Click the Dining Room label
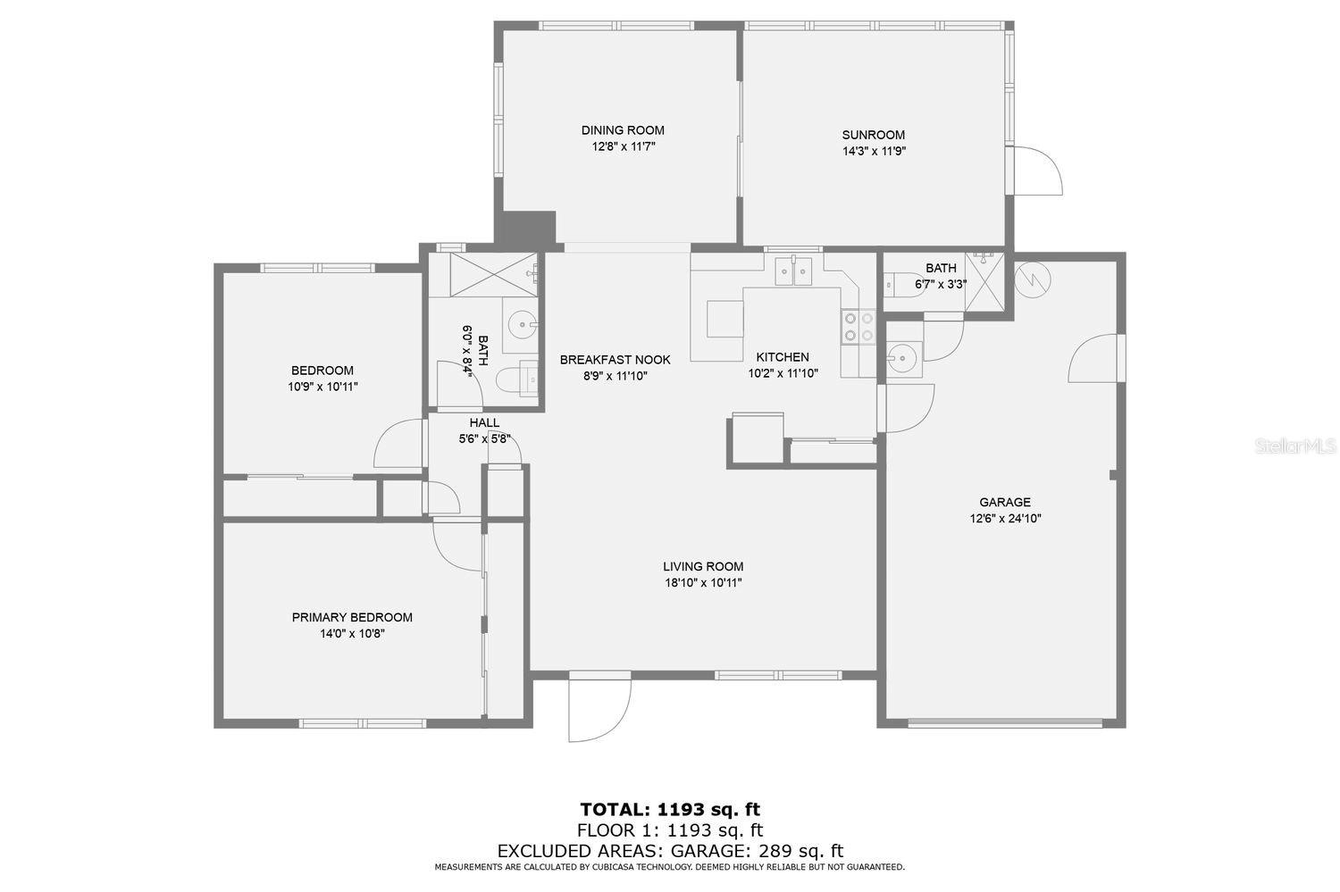[x=623, y=130]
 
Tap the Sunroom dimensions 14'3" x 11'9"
[x=874, y=151]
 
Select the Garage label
[x=1005, y=502]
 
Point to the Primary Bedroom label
[x=352, y=618]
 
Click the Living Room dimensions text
[x=703, y=583]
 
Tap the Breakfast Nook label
[x=615, y=360]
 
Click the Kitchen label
[x=783, y=357]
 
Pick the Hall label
[x=484, y=423]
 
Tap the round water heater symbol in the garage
[x=1033, y=279]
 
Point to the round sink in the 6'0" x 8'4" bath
[x=521, y=325]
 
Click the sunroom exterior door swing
[x=1039, y=171]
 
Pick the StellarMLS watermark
[x=1295, y=446]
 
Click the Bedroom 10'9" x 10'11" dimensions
[x=323, y=387]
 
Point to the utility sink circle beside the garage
[x=900, y=358]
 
